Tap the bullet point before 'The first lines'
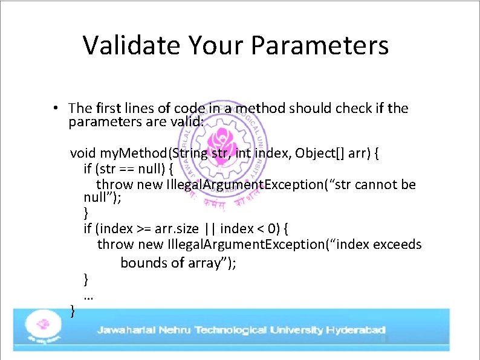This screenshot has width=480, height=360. coord(54,109)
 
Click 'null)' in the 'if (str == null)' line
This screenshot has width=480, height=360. coord(154,169)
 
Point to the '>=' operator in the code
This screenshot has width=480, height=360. coord(143,229)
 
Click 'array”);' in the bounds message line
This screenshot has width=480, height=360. coord(212,263)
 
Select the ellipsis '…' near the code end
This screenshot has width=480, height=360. coord(88,296)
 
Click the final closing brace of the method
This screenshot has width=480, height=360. coord(73,311)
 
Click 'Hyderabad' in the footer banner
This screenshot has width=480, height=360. coord(355,330)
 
